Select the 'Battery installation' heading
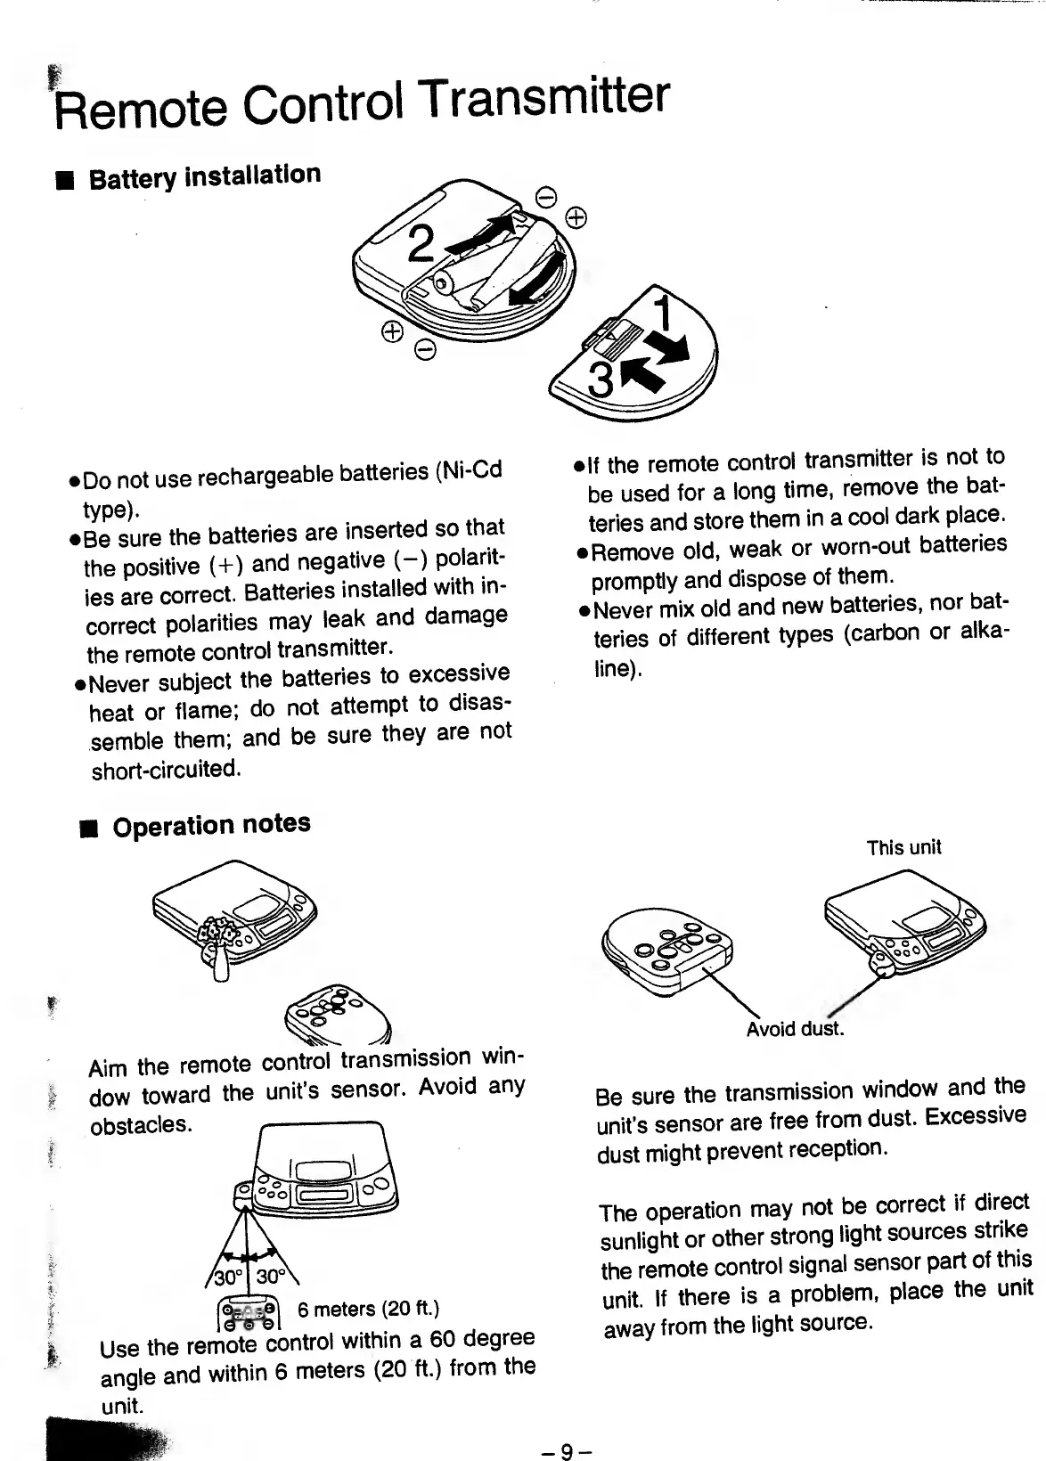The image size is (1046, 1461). point(204,175)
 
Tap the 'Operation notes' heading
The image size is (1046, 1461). point(211,824)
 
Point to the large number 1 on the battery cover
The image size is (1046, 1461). point(664,313)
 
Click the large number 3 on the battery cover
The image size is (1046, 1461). point(603,380)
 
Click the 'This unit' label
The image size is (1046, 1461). point(903,847)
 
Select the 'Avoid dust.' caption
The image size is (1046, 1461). point(794,1030)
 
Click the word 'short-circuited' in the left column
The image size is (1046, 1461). point(165,769)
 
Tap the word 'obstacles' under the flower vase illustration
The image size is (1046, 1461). point(139,1124)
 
